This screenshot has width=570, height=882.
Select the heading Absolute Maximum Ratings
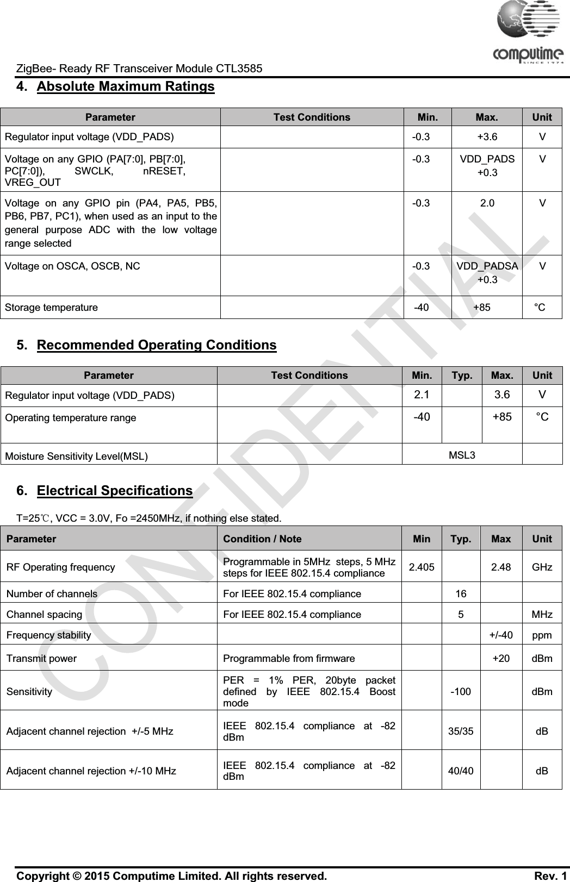(x=126, y=87)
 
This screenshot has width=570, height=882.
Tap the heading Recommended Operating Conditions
(x=157, y=346)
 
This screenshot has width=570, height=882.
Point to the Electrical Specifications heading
(x=115, y=491)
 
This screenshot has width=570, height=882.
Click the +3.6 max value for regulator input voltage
(x=487, y=136)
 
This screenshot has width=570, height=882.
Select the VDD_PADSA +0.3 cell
(x=487, y=273)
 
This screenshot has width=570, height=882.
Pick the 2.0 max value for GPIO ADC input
(x=487, y=204)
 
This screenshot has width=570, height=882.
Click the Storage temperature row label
(x=52, y=308)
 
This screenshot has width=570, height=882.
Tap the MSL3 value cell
(x=462, y=455)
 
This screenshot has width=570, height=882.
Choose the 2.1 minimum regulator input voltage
(x=422, y=395)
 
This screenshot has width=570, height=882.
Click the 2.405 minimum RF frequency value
(x=422, y=567)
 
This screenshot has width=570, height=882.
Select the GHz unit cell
(x=542, y=567)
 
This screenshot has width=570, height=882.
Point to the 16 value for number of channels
(x=461, y=594)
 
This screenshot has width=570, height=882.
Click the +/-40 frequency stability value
(x=500, y=635)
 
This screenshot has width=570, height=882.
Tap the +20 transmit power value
(x=501, y=659)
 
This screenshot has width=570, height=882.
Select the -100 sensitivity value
(x=461, y=692)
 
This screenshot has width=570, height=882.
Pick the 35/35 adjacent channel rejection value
(x=461, y=731)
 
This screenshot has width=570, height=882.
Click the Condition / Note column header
(x=262, y=539)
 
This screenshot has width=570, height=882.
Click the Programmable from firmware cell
(x=289, y=659)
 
